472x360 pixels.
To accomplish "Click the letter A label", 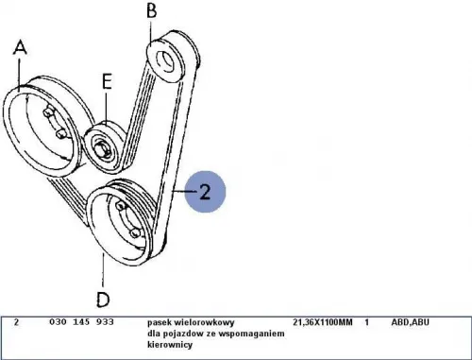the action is (20, 48).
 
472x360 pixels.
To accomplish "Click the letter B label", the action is (152, 10).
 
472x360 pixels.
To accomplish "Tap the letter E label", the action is (107, 81).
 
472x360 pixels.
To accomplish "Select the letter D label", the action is (103, 300).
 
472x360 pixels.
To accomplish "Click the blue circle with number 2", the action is (205, 192).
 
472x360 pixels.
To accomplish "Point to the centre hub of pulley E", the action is (101, 148).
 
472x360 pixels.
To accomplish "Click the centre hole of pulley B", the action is (165, 62).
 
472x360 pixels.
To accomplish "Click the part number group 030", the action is (58, 322).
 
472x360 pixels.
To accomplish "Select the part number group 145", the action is (81, 322).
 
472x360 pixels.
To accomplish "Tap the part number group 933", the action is (105, 322).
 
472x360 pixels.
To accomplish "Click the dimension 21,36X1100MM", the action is (323, 322).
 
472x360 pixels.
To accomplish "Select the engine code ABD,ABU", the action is (410, 322).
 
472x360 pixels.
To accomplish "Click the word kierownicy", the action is (170, 345).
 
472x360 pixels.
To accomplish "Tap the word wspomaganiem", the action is (253, 334).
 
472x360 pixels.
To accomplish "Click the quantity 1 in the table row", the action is (366, 322).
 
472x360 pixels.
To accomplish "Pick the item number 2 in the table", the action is (16, 322).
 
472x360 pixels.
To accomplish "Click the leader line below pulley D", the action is (103, 269).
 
